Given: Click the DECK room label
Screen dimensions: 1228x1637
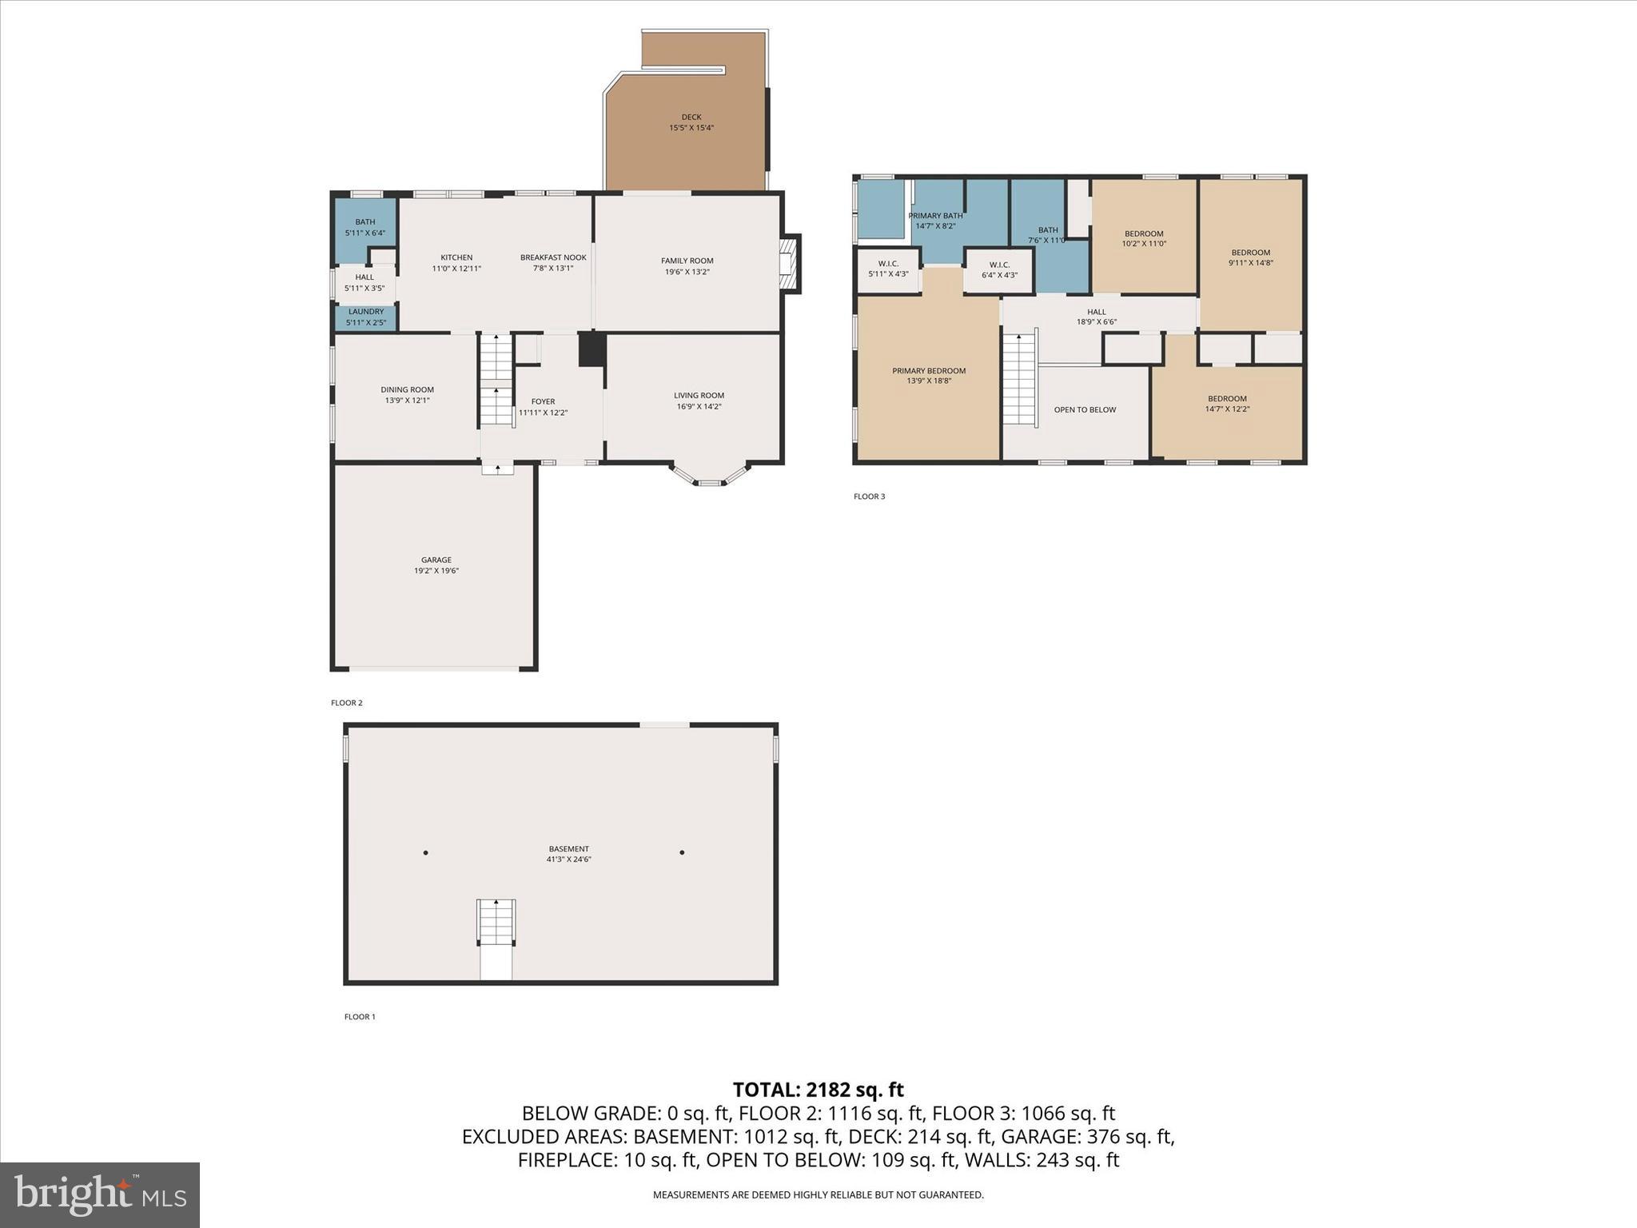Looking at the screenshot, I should pos(691,118).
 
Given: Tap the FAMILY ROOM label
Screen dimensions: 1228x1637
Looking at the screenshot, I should pos(687,261).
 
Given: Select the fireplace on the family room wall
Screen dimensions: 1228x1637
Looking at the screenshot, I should pos(789,264).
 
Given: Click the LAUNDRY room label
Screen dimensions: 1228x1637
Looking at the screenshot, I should pos(366,312).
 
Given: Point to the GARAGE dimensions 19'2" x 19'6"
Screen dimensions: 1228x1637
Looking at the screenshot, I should pos(436,571).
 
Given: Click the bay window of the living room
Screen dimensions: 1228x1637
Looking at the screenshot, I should pos(709,476).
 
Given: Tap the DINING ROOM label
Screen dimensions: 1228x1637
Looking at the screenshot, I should pos(407,390).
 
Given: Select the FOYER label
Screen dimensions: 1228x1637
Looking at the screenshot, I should pos(543,402).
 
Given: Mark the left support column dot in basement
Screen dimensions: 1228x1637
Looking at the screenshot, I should pos(426,852).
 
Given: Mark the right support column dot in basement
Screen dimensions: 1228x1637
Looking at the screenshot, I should pos(682,852).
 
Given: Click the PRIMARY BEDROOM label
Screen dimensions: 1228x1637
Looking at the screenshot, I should pos(929,371).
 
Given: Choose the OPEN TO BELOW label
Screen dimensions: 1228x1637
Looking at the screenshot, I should pos(1085,410).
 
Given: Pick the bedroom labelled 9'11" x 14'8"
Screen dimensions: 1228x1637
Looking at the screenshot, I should pos(1250,257).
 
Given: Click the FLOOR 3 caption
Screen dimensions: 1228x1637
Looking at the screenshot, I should pos(869,496).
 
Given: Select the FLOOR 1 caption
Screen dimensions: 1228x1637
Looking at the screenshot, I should pos(360,1017).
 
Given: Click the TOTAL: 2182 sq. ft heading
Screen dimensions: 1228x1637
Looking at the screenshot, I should pos(818,1090).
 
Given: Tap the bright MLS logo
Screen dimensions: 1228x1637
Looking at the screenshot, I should pos(100,1194).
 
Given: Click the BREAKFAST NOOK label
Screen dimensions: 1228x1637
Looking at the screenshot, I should pos(553,257).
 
